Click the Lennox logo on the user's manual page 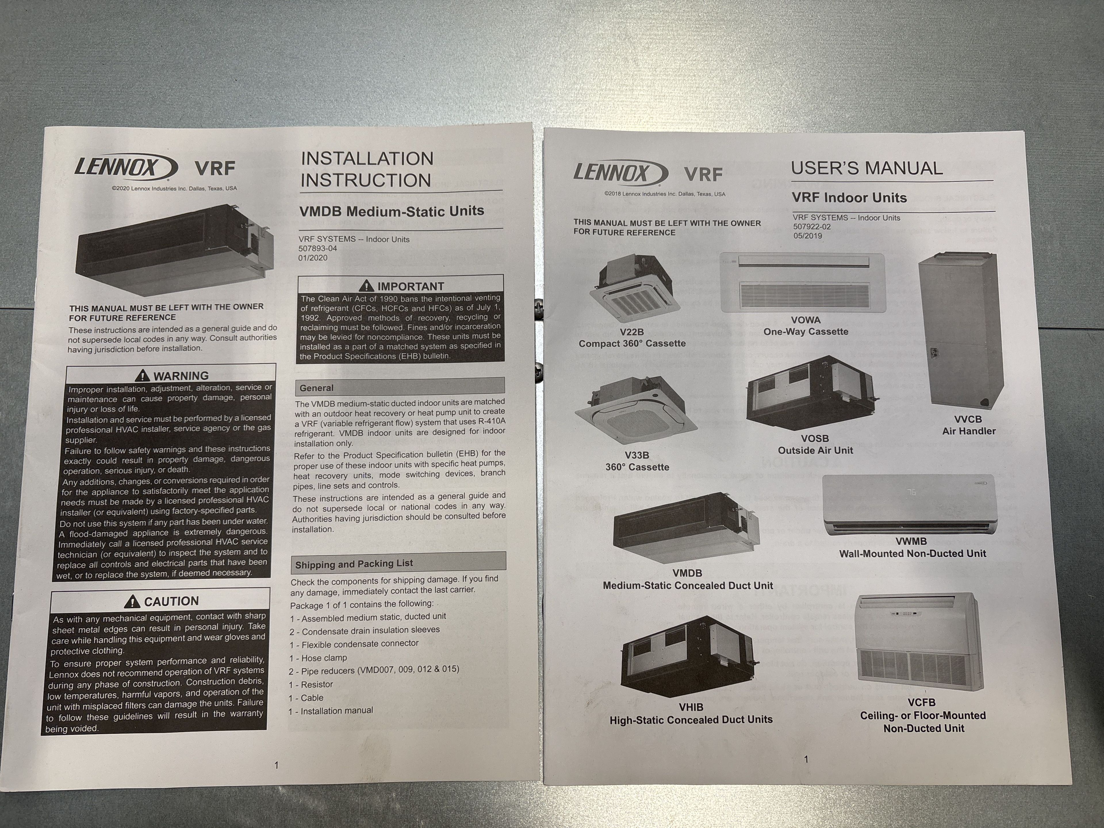pos(619,173)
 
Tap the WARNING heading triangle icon pos(143,375)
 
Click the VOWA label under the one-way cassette pos(806,320)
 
